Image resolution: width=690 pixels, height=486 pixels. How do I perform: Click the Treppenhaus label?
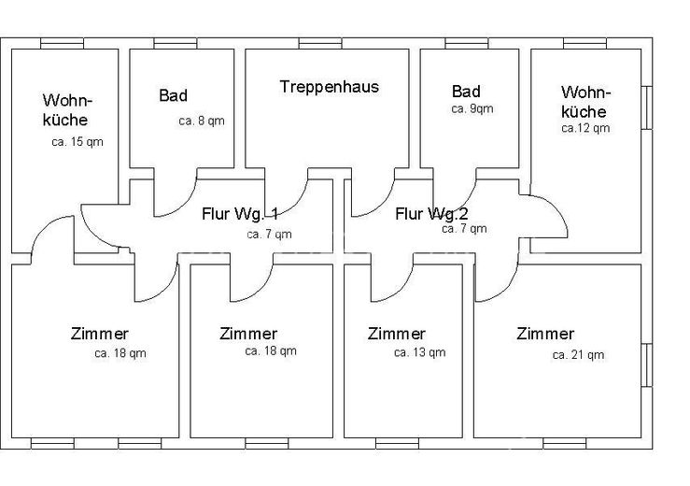330,87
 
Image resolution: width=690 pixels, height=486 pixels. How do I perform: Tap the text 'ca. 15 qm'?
77,142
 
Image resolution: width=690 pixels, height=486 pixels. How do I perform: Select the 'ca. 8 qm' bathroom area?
202,121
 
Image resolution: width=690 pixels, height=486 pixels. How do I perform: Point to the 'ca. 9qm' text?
472,108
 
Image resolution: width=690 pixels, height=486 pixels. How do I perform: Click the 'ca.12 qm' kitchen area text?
585,128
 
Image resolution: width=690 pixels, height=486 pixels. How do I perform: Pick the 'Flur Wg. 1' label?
240,214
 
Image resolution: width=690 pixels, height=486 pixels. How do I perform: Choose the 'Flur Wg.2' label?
431,214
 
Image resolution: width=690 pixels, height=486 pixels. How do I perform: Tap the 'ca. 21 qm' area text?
578,355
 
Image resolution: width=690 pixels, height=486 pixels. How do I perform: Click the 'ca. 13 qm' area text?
420,352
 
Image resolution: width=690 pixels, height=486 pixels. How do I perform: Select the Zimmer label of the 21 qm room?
545,334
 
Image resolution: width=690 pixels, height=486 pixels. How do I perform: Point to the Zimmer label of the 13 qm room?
397,334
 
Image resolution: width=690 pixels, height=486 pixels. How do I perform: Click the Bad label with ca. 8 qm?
174,95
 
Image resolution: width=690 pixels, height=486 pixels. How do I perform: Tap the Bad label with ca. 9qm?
466,92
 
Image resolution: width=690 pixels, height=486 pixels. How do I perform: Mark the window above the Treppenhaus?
320,43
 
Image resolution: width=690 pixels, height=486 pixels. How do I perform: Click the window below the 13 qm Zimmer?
398,443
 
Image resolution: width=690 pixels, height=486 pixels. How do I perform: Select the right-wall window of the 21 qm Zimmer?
646,365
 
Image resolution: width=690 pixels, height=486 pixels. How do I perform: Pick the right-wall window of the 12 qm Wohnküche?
646,108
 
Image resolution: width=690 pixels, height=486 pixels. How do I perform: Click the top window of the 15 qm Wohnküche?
62,43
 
